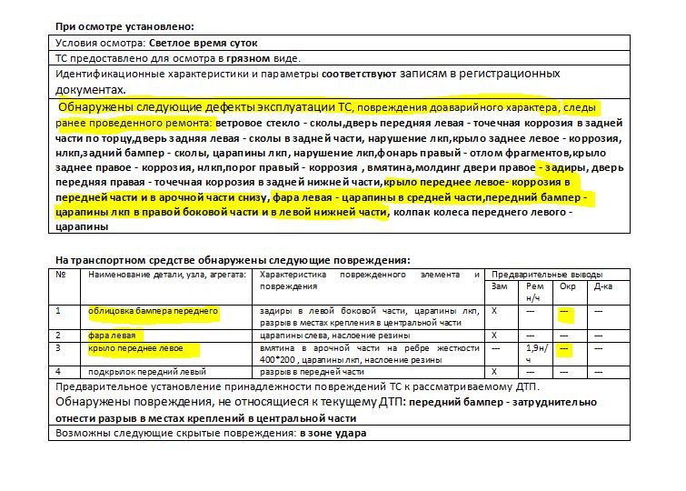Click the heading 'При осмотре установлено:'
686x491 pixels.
pyautogui.click(x=124, y=28)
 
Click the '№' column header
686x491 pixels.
pyautogui.click(x=61, y=275)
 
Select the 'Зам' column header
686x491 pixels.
pyautogui.click(x=499, y=287)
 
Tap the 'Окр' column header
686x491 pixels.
pyautogui.click(x=567, y=287)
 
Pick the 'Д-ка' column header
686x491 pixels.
pyautogui.click(x=602, y=287)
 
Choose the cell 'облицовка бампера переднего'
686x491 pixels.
pyautogui.click(x=153, y=312)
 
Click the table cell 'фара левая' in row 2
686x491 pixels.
pyautogui.click(x=111, y=336)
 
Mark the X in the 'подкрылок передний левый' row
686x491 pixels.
pyautogui.click(x=494, y=372)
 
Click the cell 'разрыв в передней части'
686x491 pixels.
pyautogui.click(x=312, y=372)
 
